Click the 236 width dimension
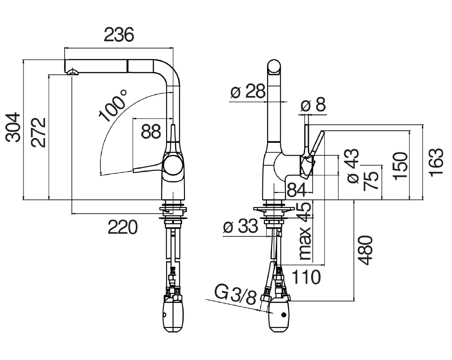(x=119, y=34)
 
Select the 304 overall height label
(x=14, y=127)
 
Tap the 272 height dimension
(x=39, y=132)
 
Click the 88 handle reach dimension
(x=151, y=131)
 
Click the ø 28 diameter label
(x=248, y=92)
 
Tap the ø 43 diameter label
(x=353, y=166)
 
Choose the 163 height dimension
(x=435, y=161)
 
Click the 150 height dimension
(x=401, y=166)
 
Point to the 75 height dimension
(x=371, y=181)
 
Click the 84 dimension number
(x=296, y=190)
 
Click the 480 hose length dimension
(x=365, y=250)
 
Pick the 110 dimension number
(x=306, y=277)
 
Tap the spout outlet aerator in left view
(x=73, y=72)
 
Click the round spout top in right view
(x=274, y=67)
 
